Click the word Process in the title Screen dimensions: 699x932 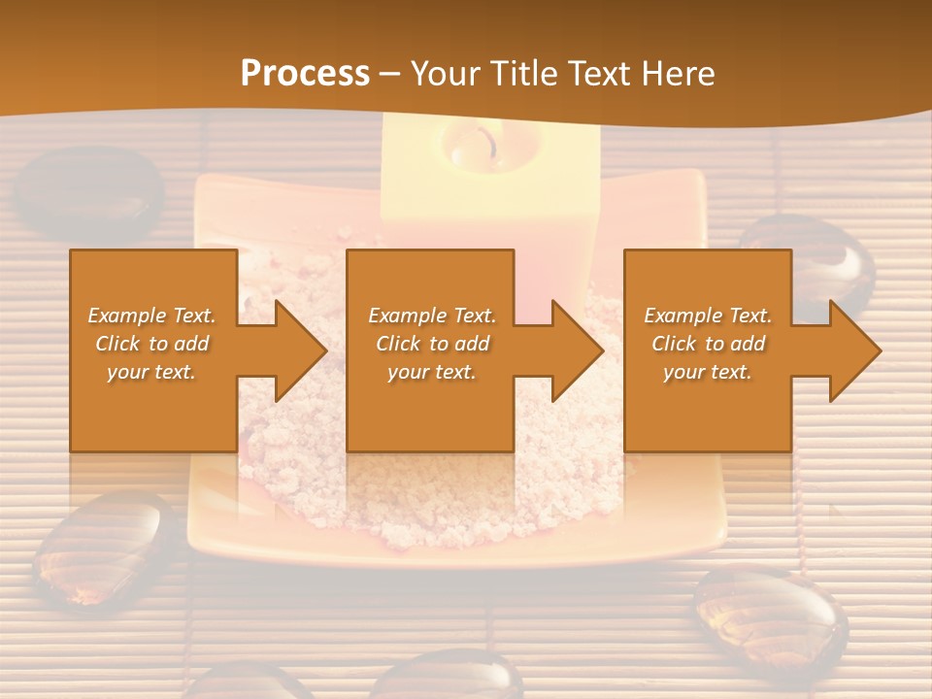pyautogui.click(x=305, y=73)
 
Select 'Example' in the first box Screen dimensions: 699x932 pyautogui.click(x=125, y=316)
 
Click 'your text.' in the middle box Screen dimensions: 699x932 pyautogui.click(x=431, y=372)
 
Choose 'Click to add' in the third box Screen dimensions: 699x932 pyautogui.click(x=708, y=344)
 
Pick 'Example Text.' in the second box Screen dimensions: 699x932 pyautogui.click(x=431, y=316)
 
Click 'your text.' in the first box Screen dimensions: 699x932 pyautogui.click(x=151, y=372)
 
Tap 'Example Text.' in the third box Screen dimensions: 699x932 pyautogui.click(x=708, y=316)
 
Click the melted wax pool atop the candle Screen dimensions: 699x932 pyautogui.click(x=470, y=146)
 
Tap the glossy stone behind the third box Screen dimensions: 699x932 pyautogui.click(x=825, y=262)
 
